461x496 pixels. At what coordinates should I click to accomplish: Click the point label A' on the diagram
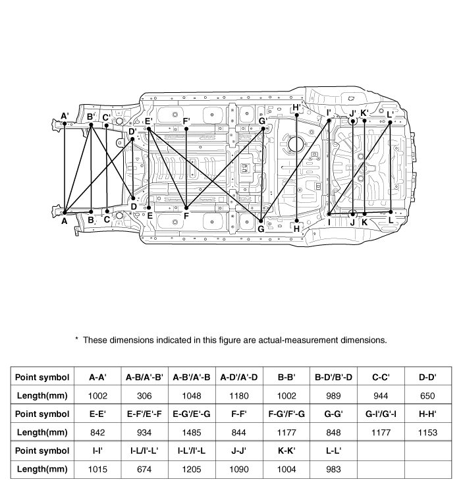click(x=65, y=116)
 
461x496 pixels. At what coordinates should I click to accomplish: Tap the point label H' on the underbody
click(x=296, y=107)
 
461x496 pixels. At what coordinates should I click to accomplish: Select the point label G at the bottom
click(x=261, y=229)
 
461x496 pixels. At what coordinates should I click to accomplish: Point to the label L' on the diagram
click(x=391, y=114)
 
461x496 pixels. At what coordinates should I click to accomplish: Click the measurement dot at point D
click(x=133, y=198)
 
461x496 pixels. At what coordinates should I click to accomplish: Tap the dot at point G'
click(x=263, y=128)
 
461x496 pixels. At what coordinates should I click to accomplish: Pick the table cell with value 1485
click(x=191, y=431)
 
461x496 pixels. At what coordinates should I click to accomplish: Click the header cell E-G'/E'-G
click(x=191, y=414)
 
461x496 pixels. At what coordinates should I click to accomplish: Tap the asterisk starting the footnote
click(x=76, y=340)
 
